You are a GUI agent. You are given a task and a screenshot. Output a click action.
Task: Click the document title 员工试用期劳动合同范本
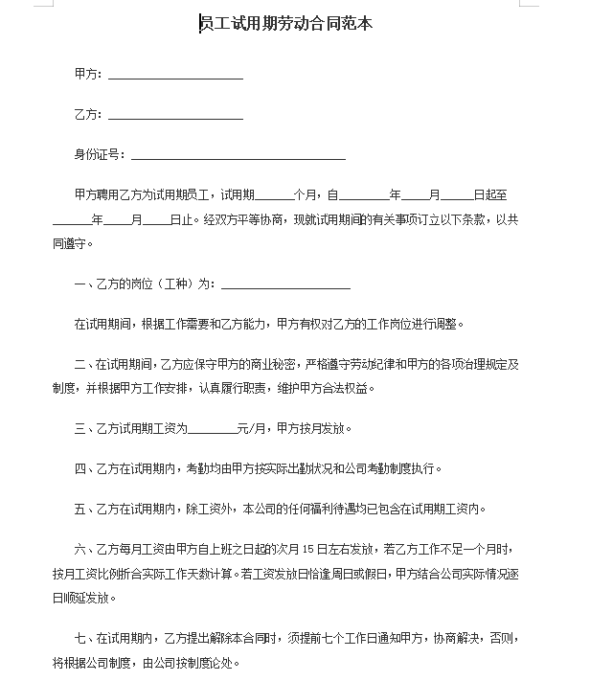click(x=285, y=24)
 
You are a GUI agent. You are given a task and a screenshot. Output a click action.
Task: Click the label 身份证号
click(x=96, y=154)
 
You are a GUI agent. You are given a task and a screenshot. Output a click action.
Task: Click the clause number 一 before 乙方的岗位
click(x=79, y=284)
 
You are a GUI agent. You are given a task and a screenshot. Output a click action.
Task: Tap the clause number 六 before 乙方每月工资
click(x=79, y=550)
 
